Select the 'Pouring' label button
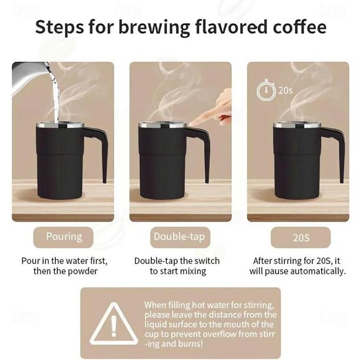(x=63, y=237)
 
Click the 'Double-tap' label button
(x=180, y=237)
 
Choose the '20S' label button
(x=301, y=238)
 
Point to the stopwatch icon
(x=266, y=90)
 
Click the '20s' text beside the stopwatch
(x=286, y=90)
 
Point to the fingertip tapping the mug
(x=193, y=123)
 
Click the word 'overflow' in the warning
(x=220, y=334)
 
